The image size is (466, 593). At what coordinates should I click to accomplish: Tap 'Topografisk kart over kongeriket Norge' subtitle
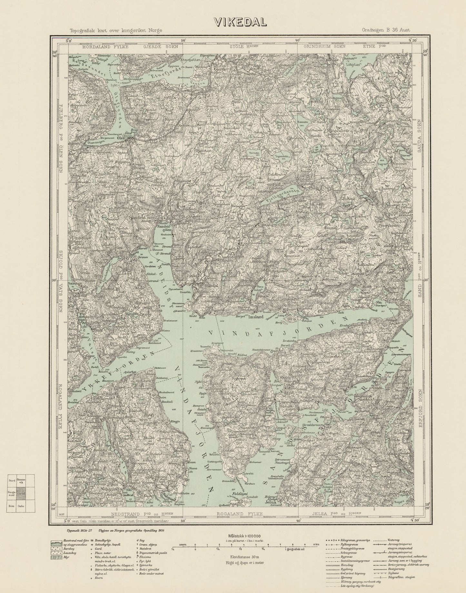coord(115,31)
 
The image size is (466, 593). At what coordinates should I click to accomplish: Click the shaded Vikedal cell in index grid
coord(21,493)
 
